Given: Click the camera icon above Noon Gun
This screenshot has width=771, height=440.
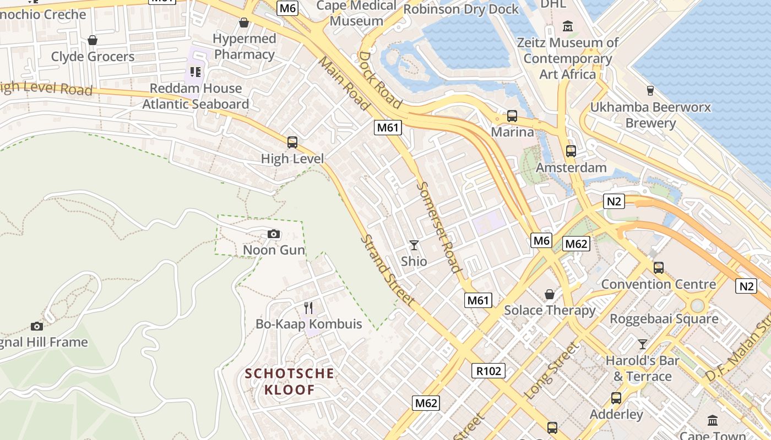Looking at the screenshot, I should pyautogui.click(x=274, y=234).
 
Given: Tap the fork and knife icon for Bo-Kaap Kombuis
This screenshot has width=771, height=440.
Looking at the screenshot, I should pyautogui.click(x=308, y=308).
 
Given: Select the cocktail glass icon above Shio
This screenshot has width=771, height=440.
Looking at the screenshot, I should pyautogui.click(x=414, y=245).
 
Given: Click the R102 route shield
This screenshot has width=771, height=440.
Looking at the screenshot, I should pyautogui.click(x=488, y=371).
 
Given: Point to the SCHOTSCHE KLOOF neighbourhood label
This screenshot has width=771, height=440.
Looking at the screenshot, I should pyautogui.click(x=290, y=382).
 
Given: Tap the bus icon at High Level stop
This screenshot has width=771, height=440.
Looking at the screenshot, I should pyautogui.click(x=292, y=142).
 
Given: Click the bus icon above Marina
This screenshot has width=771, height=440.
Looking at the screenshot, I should pyautogui.click(x=512, y=116).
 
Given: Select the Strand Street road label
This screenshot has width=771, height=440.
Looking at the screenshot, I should pyautogui.click(x=388, y=271).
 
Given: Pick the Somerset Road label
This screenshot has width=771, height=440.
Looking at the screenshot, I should pyautogui.click(x=438, y=227).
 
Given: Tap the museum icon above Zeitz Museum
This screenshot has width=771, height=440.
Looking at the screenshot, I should pyautogui.click(x=568, y=26).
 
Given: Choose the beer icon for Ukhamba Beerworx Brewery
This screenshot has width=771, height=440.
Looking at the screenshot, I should pyautogui.click(x=650, y=91).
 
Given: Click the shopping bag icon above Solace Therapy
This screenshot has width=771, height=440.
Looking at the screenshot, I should pyautogui.click(x=550, y=294).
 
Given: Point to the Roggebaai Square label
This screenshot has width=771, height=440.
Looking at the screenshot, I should pyautogui.click(x=664, y=319).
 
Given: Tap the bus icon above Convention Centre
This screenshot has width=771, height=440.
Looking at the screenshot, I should pyautogui.click(x=659, y=268).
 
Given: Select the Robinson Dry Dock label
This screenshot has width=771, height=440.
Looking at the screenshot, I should pyautogui.click(x=461, y=9).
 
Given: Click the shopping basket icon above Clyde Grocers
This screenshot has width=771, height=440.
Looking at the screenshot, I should pyautogui.click(x=93, y=40).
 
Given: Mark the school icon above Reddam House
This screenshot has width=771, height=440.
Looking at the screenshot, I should pyautogui.click(x=195, y=71).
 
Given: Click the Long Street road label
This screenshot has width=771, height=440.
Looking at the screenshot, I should pyautogui.click(x=552, y=371).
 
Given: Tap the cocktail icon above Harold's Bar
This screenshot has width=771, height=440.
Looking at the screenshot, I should pyautogui.click(x=643, y=344).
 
